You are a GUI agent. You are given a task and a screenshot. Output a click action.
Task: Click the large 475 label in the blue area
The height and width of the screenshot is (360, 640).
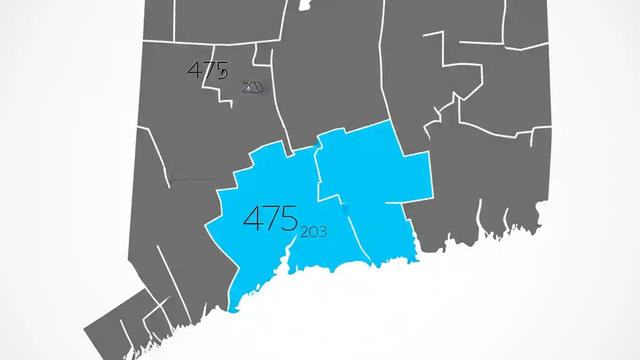click(270, 218)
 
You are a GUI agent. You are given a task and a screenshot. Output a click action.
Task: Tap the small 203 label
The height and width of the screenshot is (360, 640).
click(313, 231)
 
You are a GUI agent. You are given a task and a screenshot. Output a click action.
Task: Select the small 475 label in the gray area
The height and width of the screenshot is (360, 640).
click(207, 70)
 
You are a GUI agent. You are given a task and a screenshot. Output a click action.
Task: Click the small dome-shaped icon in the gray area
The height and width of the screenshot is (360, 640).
click(253, 87)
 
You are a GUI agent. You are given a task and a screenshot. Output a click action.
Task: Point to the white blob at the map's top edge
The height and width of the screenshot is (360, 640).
click(304, 5)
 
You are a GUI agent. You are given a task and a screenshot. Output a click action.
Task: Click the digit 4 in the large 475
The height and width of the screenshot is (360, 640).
click(252, 218)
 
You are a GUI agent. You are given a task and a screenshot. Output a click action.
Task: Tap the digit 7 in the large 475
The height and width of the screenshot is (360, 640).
click(270, 218)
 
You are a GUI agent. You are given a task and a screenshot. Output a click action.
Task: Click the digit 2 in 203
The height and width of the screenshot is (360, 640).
click(304, 231)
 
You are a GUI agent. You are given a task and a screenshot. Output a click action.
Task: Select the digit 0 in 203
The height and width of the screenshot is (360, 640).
click(313, 231)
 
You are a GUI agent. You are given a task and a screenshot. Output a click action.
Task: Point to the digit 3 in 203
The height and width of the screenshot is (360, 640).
click(322, 231)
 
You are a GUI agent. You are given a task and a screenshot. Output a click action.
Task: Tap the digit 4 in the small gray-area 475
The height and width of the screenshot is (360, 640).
click(194, 70)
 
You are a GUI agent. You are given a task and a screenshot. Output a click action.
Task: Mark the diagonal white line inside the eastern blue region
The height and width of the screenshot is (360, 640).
click(357, 235)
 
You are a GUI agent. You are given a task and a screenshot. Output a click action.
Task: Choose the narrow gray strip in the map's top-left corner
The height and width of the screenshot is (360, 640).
click(158, 20)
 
